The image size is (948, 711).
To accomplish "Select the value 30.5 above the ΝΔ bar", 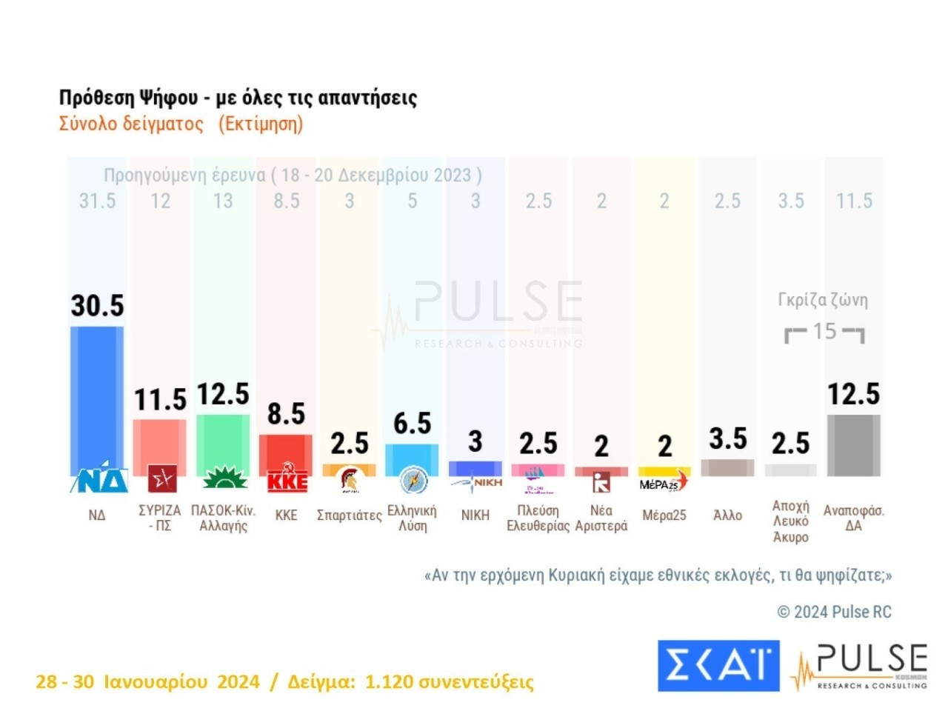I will click(x=97, y=305).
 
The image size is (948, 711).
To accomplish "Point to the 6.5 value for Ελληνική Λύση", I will click(x=413, y=424).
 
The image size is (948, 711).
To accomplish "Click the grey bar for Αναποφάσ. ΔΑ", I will click(x=853, y=444).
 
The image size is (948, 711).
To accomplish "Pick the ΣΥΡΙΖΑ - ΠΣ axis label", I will click(x=160, y=518).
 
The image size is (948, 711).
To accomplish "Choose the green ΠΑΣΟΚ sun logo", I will click(x=223, y=478).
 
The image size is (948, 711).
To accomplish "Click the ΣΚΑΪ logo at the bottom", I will click(x=718, y=666).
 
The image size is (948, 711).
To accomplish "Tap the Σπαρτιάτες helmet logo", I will click(x=350, y=480).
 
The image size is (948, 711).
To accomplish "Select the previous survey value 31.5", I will click(x=97, y=201).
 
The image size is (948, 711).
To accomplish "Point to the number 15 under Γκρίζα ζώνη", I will click(x=824, y=331).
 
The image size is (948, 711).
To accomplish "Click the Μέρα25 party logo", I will click(x=664, y=482).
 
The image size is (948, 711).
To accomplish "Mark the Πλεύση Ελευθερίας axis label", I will click(x=538, y=518).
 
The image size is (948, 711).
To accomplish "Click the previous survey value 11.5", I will click(x=854, y=201).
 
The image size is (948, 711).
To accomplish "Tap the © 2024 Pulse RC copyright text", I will click(x=834, y=612).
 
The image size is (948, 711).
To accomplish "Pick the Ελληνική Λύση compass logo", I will click(x=413, y=480).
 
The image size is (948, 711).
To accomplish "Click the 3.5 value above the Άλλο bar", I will click(x=728, y=438).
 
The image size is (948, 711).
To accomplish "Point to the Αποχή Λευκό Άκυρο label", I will click(x=790, y=521).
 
